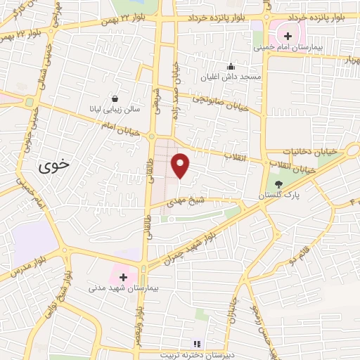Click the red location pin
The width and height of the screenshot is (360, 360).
click(x=181, y=165)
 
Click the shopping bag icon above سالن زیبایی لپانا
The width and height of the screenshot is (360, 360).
click(x=115, y=99)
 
